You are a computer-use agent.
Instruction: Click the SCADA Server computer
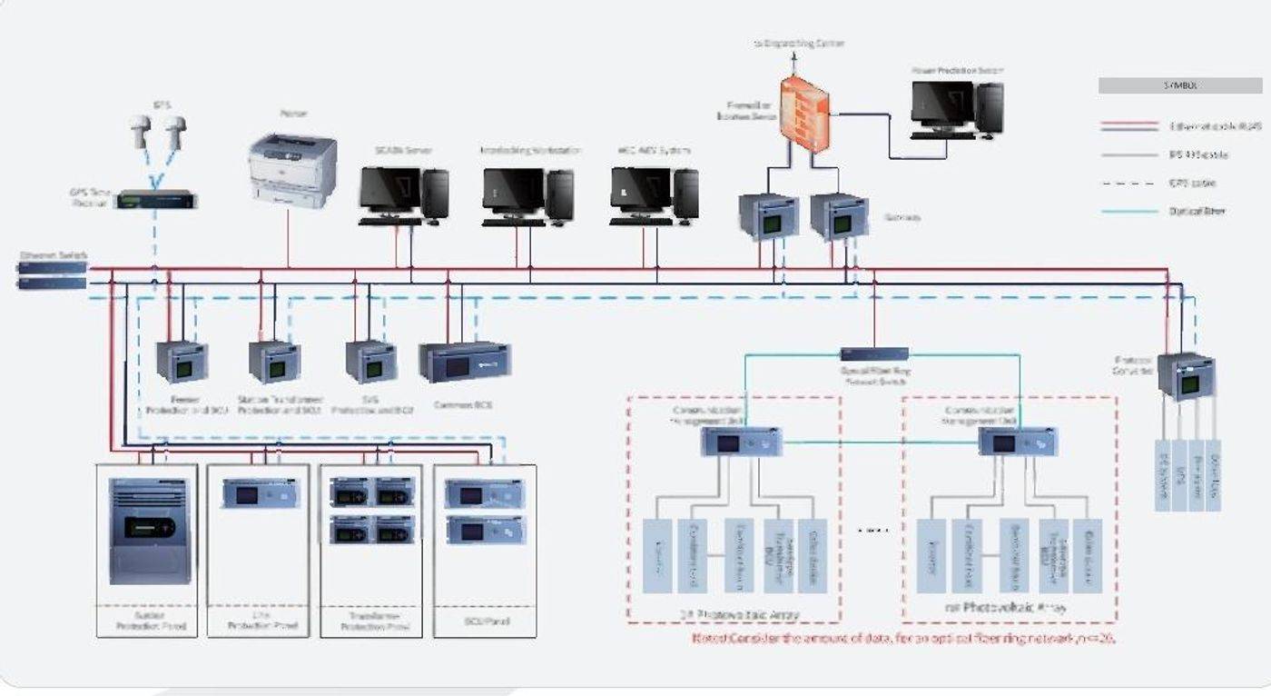pos(403,194)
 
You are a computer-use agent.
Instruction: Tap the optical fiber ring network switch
pos(874,354)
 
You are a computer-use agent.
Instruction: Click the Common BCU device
pos(465,361)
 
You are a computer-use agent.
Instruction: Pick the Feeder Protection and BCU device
pos(182,362)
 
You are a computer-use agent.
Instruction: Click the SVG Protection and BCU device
pos(370,362)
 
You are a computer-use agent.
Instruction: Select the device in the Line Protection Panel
pos(260,493)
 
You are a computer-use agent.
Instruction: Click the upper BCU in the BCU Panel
pos(484,494)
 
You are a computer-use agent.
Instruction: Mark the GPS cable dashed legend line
pos(1128,184)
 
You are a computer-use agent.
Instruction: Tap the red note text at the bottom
pos(902,639)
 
